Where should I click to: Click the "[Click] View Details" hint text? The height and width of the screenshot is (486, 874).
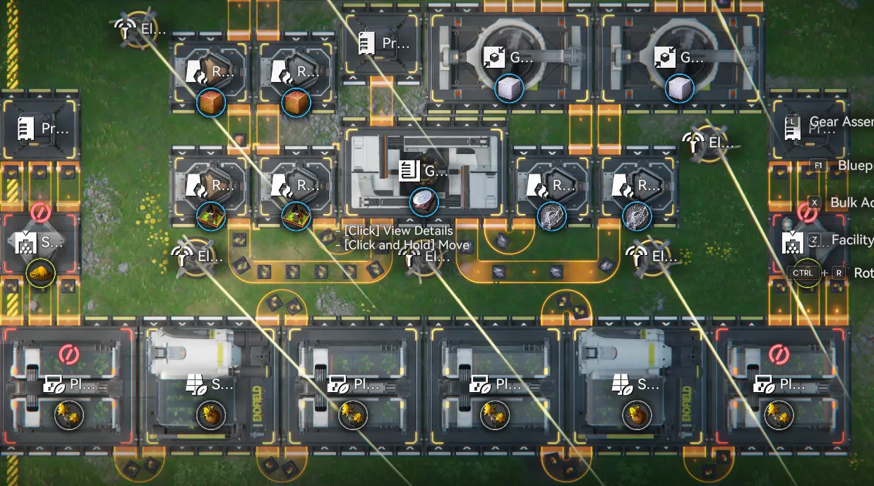point(398,231)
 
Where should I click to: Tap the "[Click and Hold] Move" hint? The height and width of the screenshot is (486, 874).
point(406,245)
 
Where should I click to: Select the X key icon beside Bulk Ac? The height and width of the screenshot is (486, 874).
point(814,202)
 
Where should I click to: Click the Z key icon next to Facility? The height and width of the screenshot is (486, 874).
point(814,239)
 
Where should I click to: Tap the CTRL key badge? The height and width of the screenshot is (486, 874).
point(803,273)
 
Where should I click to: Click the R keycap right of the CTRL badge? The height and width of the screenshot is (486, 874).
point(838,273)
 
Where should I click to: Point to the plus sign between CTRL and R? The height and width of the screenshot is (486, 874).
point(824,273)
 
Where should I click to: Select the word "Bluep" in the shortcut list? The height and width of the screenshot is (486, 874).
point(854,165)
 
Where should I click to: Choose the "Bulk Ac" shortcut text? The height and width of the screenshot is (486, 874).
point(852,202)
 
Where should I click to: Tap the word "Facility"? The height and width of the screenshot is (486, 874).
point(852,239)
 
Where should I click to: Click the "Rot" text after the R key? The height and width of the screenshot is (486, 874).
point(863,273)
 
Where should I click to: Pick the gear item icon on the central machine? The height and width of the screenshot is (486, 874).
point(424,202)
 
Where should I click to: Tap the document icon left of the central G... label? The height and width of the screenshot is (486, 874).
point(407,170)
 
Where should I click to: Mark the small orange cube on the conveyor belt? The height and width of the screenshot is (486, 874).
point(239,140)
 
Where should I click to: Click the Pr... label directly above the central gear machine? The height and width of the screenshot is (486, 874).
point(395,44)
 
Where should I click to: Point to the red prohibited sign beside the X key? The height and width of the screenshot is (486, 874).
point(807,212)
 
